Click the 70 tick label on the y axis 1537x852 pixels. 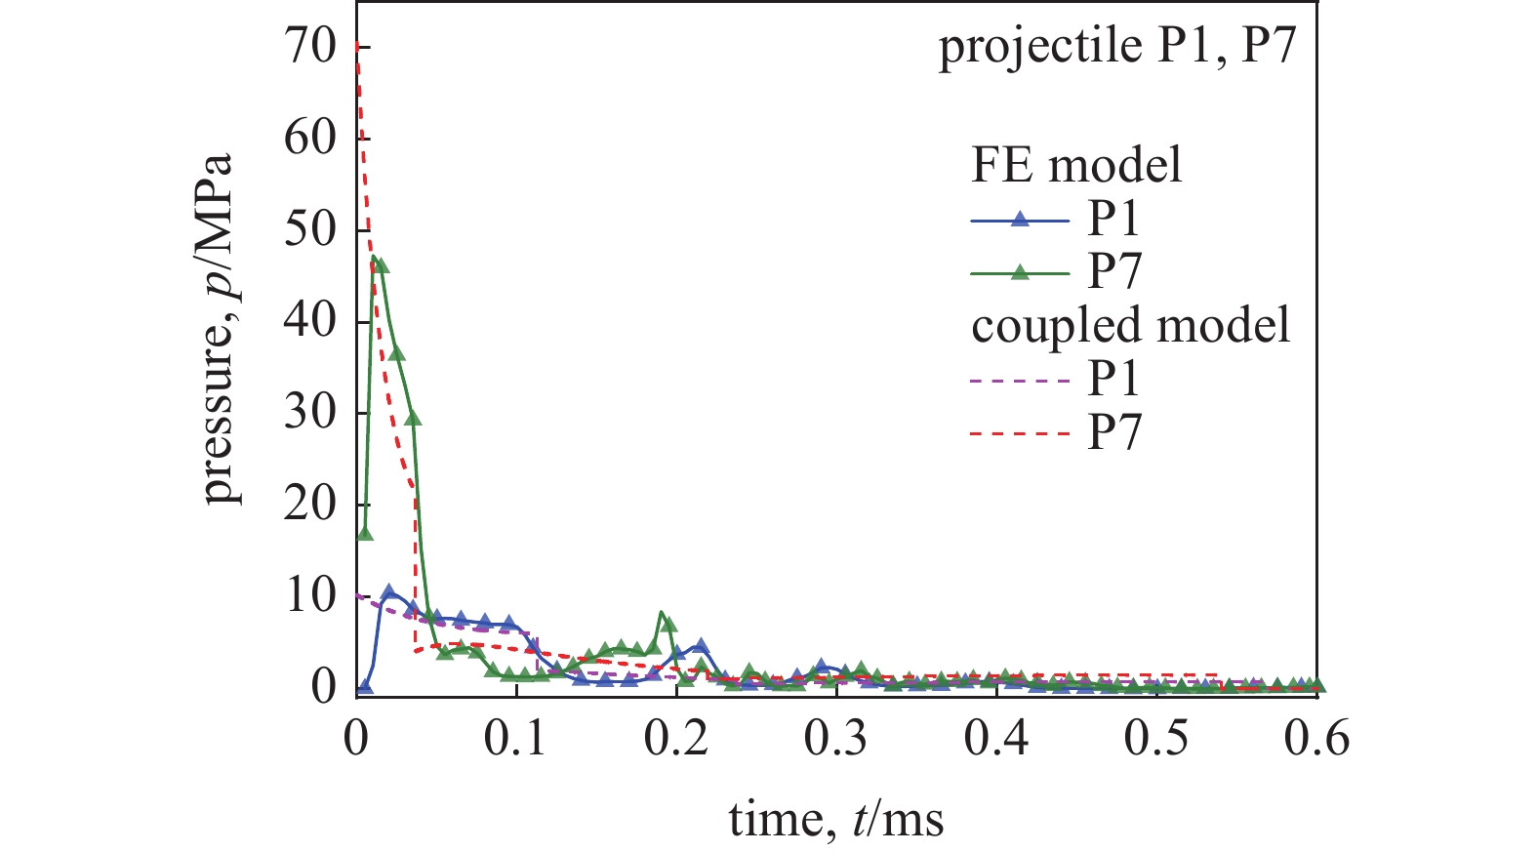[309, 46]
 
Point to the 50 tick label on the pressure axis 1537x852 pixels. [309, 229]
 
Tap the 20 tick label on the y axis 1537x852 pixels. [309, 505]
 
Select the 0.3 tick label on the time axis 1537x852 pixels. [836, 739]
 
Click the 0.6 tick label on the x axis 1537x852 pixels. [1316, 739]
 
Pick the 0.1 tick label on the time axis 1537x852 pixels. [516, 739]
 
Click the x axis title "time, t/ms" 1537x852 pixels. [836, 819]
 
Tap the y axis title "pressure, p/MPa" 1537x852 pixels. [222, 328]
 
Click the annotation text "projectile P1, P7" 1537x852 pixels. [1117, 46]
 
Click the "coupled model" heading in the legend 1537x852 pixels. [1130, 324]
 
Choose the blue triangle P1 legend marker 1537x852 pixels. [1020, 220]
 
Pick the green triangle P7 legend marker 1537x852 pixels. [1020, 272]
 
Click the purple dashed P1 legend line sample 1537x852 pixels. [1020, 380]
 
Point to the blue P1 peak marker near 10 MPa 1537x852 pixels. [388, 592]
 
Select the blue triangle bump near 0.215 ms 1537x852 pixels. [700, 646]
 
